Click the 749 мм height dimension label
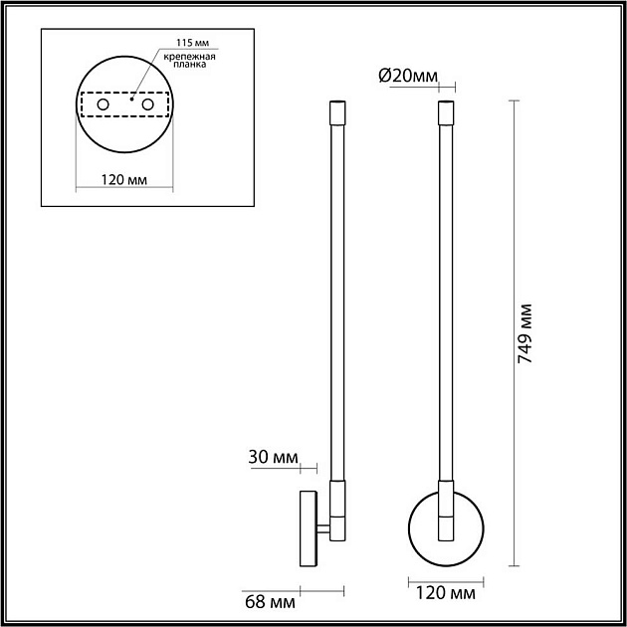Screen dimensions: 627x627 (x=528, y=332)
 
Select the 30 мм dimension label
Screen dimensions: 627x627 (x=274, y=457)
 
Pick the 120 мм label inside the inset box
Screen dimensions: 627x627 (x=126, y=179)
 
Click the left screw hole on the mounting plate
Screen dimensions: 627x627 (x=103, y=104)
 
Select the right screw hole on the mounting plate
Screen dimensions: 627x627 (x=147, y=104)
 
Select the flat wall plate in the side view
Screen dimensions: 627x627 (x=307, y=528)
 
